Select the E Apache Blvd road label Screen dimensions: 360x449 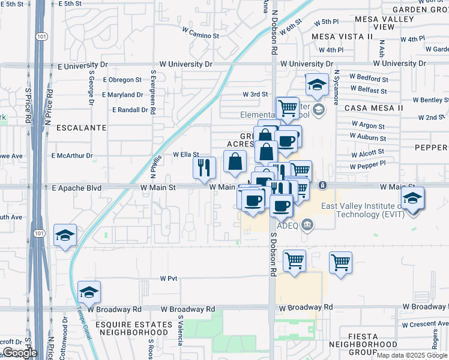tap(76, 188)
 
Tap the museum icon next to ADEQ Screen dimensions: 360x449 tap(308, 225)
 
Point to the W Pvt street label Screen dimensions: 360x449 tap(169, 278)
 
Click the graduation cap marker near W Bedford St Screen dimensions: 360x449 tap(316, 85)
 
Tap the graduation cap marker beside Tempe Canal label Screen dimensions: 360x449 tap(89, 293)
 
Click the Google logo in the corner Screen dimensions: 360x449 tap(19, 352)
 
